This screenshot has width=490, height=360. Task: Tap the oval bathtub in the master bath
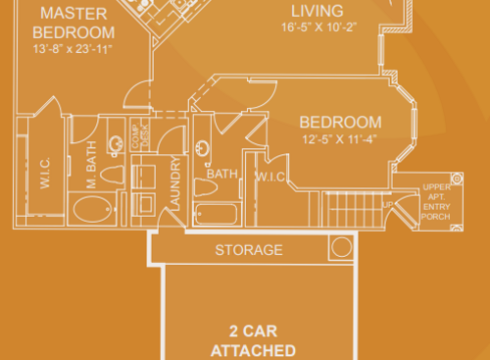[93, 208]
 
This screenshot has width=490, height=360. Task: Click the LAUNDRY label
[175, 182]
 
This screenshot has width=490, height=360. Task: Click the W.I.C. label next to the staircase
[270, 177]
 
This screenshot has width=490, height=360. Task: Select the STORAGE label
[249, 249]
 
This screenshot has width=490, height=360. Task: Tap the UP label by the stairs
[387, 204]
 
